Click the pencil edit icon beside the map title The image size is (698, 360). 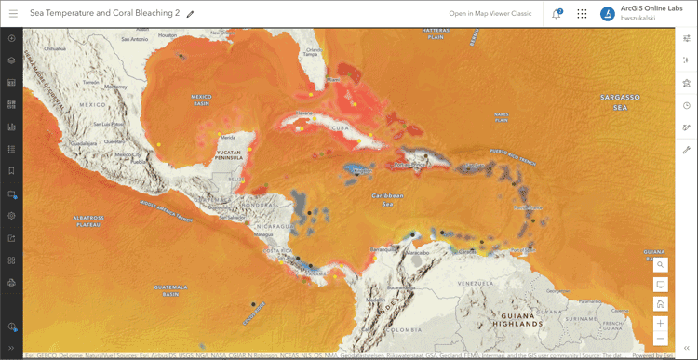click(x=190, y=14)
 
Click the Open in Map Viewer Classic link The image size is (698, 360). click(x=490, y=14)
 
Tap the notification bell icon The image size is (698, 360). click(x=557, y=14)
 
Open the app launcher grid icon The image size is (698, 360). click(x=582, y=14)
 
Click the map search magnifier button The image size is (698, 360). click(x=660, y=264)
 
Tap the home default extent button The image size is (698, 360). click(x=660, y=303)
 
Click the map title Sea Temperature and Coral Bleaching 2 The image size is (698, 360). click(x=104, y=14)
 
